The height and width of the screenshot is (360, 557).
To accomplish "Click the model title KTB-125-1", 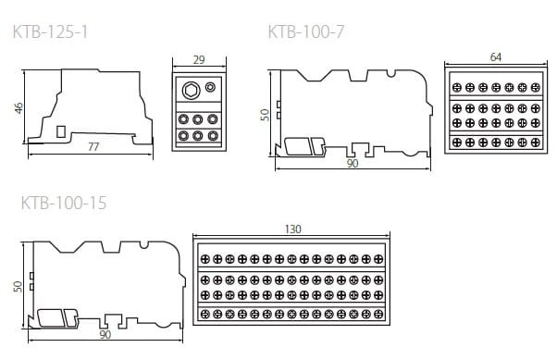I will [51, 33].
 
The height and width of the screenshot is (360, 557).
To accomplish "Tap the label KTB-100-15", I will [63, 203].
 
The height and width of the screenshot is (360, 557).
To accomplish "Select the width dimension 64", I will [496, 57].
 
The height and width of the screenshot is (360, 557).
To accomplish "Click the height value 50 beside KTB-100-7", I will [265, 115].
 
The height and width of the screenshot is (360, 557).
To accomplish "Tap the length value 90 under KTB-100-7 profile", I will [352, 163].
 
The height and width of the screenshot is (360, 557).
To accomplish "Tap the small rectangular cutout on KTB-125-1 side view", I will [62, 131].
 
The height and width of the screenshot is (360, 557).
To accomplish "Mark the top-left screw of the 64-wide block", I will [456, 86].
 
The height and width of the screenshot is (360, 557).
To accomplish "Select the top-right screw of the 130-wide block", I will [378, 257].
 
